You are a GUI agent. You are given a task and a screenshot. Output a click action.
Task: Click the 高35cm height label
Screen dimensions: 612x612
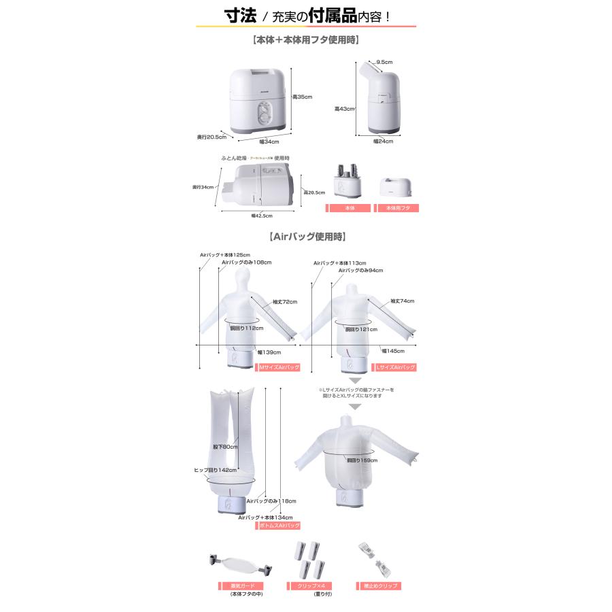point(303,97)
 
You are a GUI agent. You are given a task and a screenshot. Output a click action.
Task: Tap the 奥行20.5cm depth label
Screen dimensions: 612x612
point(211,137)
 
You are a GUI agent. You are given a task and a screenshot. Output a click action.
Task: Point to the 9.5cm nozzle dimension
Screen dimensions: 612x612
point(384,62)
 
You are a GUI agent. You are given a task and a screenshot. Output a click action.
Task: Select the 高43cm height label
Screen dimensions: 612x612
point(343,108)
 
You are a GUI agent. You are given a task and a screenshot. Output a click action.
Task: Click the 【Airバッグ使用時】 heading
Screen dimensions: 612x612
point(307,237)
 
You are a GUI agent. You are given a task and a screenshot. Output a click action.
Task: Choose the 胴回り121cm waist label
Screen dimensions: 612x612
point(360,329)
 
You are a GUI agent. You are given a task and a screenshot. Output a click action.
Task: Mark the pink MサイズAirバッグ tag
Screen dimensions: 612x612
point(278,367)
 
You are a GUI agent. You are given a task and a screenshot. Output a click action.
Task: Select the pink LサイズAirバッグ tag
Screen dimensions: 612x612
point(396,367)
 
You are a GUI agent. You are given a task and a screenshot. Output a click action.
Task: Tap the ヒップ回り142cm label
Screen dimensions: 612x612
point(216,470)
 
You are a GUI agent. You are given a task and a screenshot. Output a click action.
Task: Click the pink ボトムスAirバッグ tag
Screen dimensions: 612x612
point(277,526)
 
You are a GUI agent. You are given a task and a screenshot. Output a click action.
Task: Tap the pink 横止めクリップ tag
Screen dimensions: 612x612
point(377,586)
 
